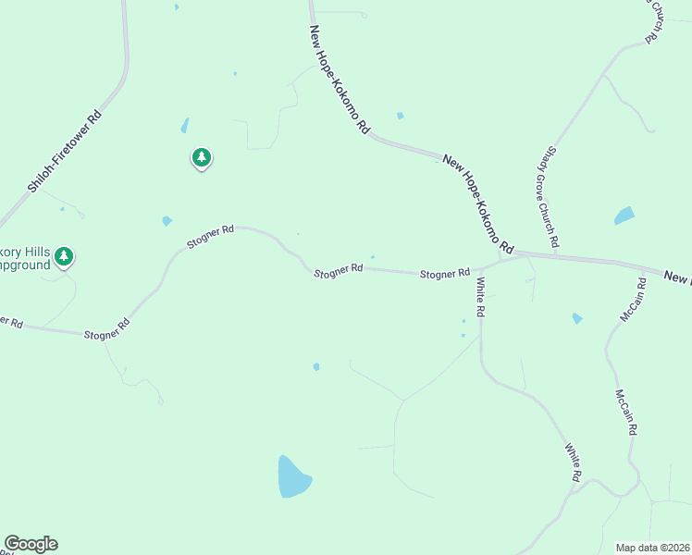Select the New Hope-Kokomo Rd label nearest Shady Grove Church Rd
(477, 204)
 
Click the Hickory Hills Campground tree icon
(64, 255)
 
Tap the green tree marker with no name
(202, 157)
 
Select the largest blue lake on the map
(293, 476)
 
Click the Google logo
(31, 544)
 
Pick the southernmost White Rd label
(574, 462)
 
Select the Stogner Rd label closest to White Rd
(445, 274)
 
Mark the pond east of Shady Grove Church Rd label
(624, 216)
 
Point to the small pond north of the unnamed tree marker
(185, 125)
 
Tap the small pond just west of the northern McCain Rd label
(577, 318)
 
